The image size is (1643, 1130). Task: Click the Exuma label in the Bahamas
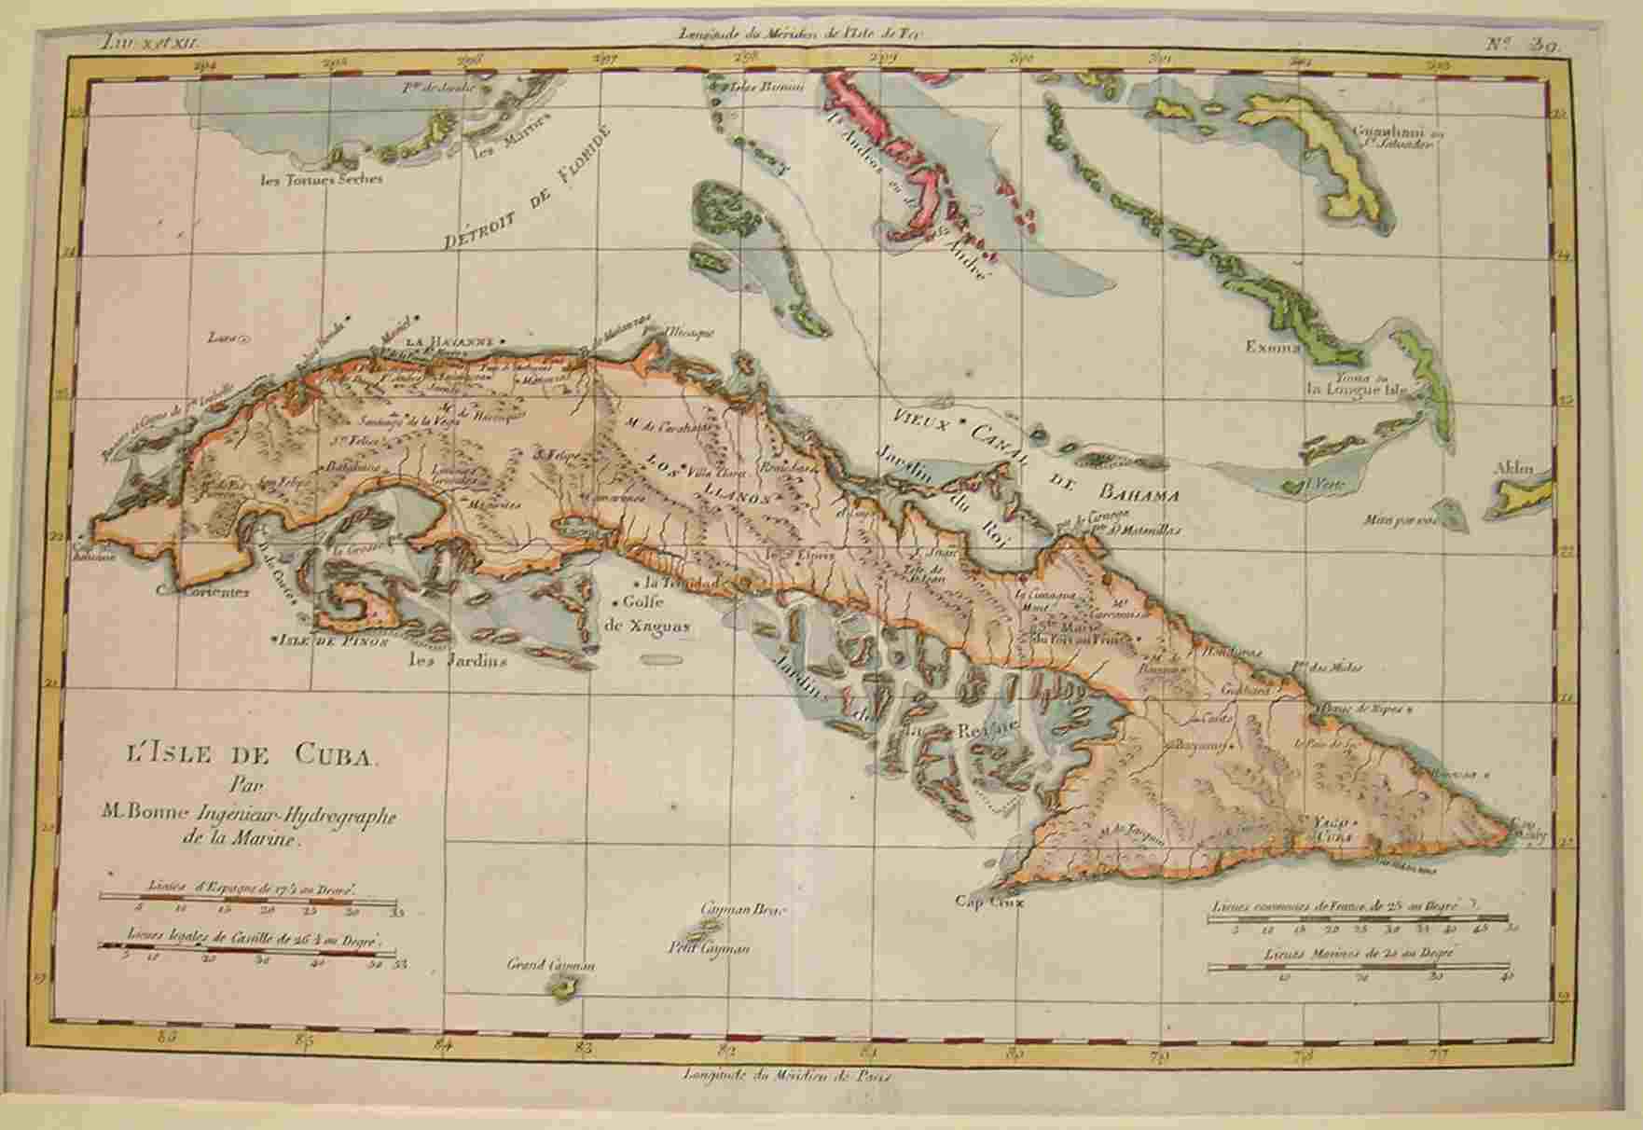(x=1273, y=348)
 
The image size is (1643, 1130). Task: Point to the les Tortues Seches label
(x=321, y=178)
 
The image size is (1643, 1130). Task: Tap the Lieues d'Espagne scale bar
(x=250, y=897)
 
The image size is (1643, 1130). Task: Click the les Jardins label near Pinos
(x=458, y=662)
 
